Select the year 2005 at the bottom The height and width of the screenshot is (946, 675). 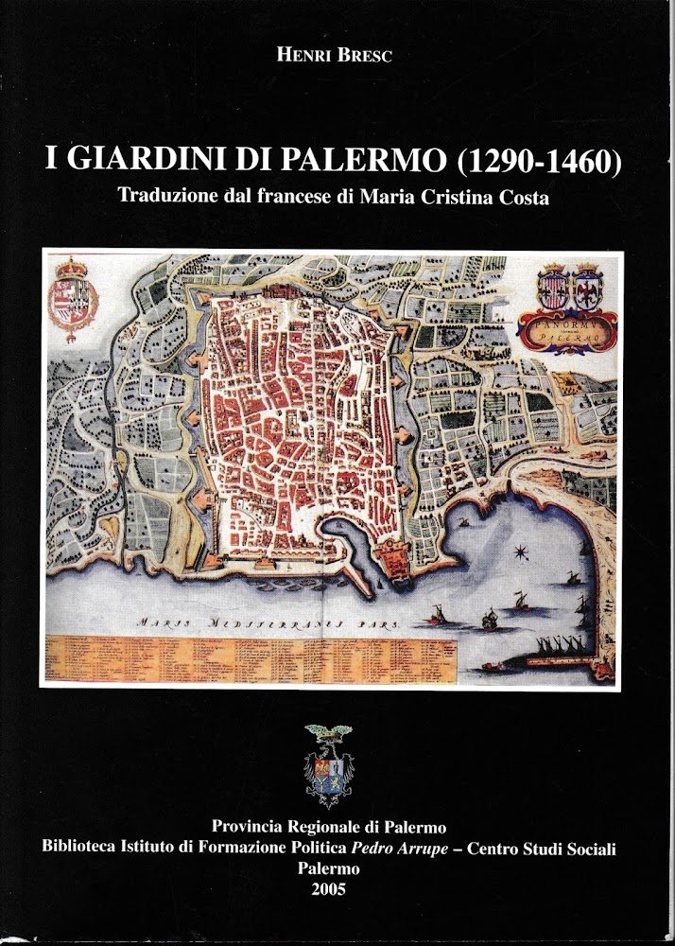tap(328, 888)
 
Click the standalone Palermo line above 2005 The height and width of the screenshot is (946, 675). tap(328, 868)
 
